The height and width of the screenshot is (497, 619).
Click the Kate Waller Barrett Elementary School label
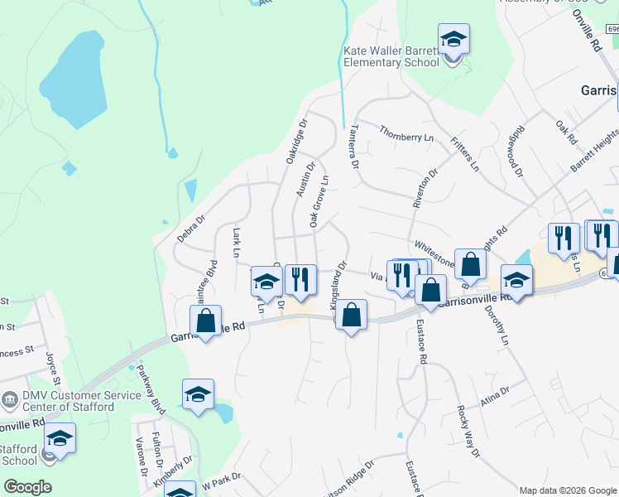point(391,56)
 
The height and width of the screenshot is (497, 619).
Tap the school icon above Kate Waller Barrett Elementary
point(453,39)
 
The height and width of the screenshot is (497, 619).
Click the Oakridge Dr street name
point(296,140)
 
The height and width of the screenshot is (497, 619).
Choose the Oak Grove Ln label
point(319,200)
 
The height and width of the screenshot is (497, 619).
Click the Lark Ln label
point(237,243)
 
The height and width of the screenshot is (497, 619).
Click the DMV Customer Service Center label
point(63,402)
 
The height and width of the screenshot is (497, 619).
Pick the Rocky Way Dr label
point(468,431)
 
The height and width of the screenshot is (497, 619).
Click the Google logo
point(27,486)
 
